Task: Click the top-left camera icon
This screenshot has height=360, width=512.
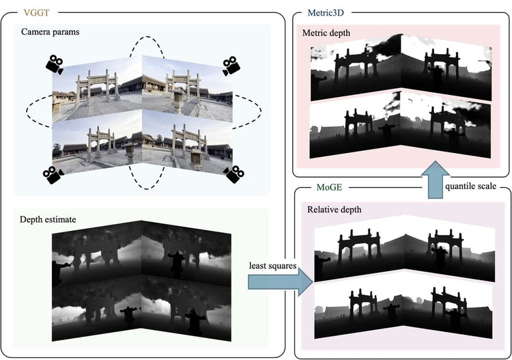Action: (x=54, y=66)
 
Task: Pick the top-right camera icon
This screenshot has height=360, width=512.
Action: (x=233, y=66)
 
